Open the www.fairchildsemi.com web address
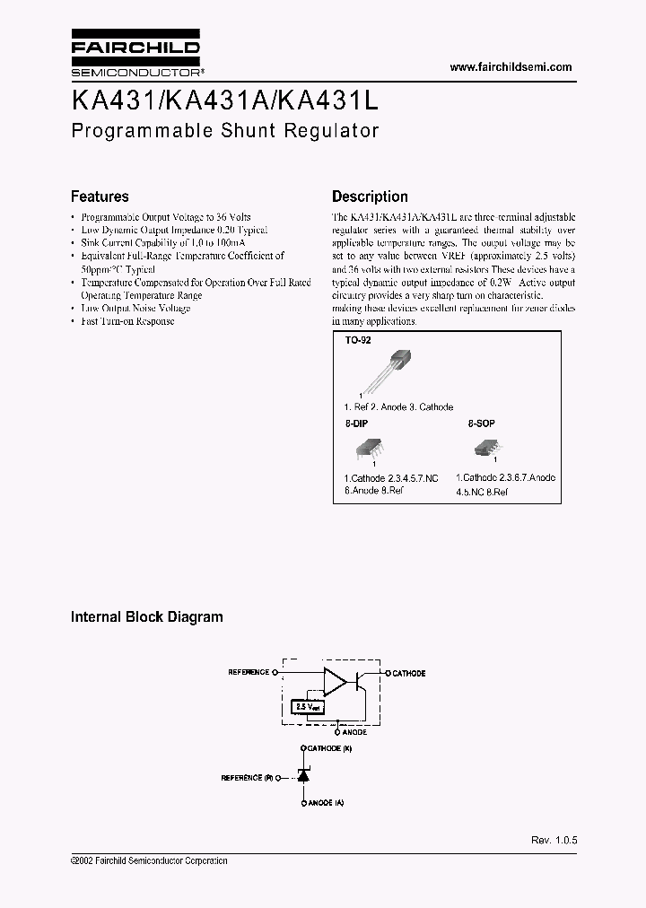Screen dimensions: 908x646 tap(510, 67)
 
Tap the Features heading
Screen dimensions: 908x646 tap(100, 196)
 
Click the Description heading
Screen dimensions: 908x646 tap(370, 196)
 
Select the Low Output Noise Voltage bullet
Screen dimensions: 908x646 tap(135, 309)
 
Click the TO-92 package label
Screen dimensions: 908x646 tap(358, 342)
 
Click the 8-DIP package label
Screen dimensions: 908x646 tap(356, 422)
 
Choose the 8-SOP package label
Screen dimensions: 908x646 tap(481, 422)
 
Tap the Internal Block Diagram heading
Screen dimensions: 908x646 tap(147, 617)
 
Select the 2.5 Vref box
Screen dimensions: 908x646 tap(305, 706)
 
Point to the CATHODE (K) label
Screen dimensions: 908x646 tap(327, 748)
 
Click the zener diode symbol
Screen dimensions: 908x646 tap(303, 775)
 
